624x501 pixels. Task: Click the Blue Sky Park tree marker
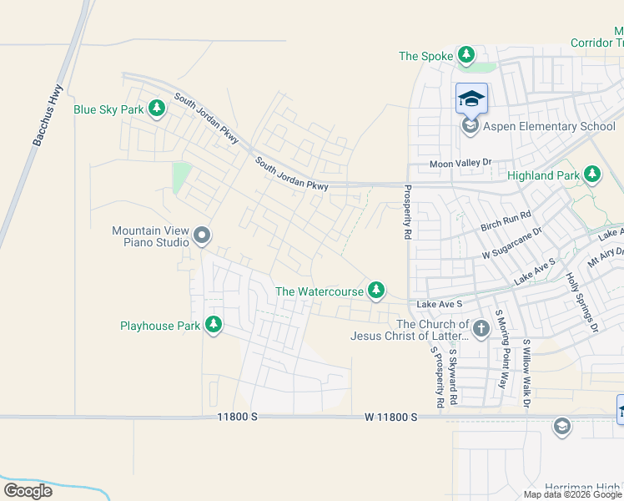click(x=156, y=109)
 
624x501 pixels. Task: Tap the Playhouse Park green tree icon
click(x=214, y=325)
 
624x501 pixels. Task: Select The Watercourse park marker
click(x=377, y=291)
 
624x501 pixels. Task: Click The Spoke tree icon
click(x=466, y=56)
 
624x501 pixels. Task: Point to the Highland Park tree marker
click(x=592, y=175)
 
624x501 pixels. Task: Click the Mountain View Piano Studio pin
click(x=201, y=236)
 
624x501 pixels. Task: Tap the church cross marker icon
click(x=481, y=330)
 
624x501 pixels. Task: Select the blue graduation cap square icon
click(x=471, y=99)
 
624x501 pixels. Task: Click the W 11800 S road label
click(x=390, y=416)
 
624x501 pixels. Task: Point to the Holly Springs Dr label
click(x=582, y=302)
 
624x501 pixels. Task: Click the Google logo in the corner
click(x=28, y=491)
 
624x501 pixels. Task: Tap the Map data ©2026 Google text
click(x=571, y=494)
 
